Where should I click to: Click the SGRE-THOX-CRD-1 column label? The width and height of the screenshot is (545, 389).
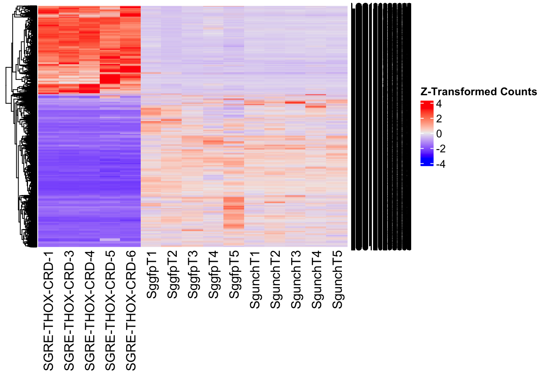tap(48, 311)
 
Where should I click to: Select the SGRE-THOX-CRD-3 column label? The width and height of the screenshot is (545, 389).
tap(69, 311)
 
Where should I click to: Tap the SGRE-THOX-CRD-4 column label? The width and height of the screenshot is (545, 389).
tap(90, 311)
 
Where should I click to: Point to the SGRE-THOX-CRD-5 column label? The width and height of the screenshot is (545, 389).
tap(110, 311)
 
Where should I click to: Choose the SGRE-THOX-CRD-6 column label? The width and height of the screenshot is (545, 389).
tap(131, 311)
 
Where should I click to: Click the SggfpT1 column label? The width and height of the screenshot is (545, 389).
tap(152, 275)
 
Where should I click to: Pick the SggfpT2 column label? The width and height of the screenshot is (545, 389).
tap(172, 275)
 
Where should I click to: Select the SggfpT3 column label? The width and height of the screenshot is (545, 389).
tap(193, 275)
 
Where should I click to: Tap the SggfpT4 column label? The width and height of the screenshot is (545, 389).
tap(214, 275)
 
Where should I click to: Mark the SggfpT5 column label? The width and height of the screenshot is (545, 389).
tap(234, 275)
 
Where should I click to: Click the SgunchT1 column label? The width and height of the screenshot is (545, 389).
tap(255, 280)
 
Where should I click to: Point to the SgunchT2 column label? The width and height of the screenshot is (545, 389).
tap(276, 280)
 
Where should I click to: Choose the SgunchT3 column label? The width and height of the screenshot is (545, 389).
tap(296, 280)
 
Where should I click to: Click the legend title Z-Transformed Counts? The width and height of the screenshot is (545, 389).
tap(478, 92)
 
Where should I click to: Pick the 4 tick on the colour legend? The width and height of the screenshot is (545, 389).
tap(439, 104)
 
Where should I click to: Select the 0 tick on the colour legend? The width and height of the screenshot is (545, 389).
tap(439, 134)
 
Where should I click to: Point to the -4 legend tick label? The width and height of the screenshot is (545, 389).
tap(440, 164)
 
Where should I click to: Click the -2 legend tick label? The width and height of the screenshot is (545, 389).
tap(440, 149)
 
